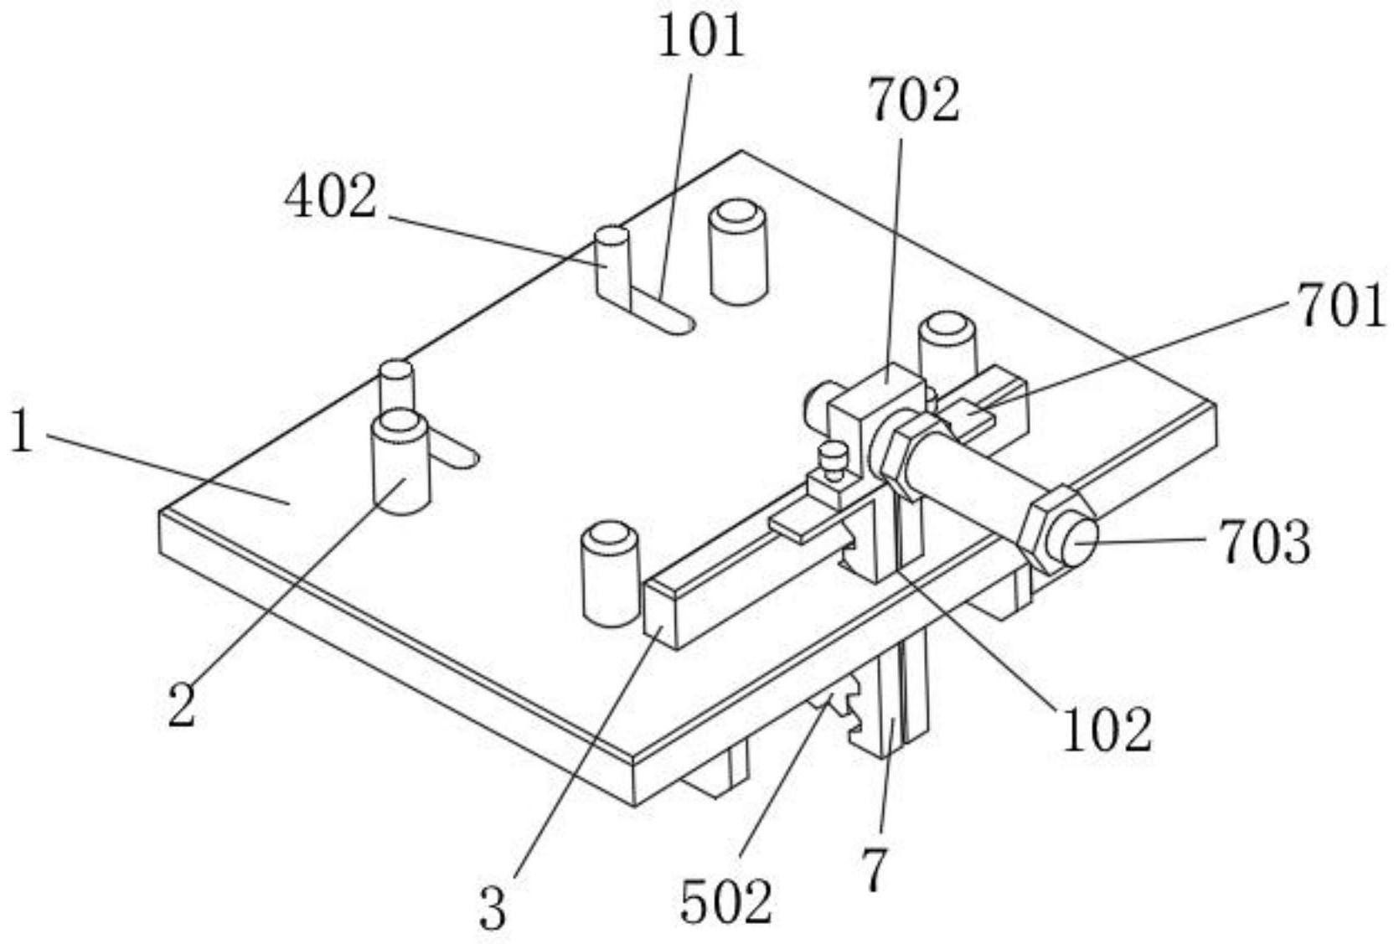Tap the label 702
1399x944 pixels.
916,101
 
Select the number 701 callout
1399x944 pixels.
1341,307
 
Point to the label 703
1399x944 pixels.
1266,544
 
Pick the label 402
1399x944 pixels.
331,198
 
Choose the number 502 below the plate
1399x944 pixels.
725,903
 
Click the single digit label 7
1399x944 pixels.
875,871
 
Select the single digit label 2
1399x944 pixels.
182,705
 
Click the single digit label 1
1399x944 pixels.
22,433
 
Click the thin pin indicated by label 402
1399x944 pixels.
612,269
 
